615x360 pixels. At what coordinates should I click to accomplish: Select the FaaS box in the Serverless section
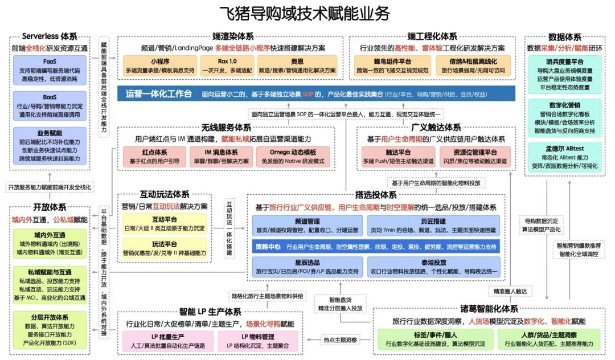(49, 68)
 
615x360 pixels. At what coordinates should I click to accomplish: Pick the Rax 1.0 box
(226, 66)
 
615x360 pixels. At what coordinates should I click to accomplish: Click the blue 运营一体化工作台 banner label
(158, 94)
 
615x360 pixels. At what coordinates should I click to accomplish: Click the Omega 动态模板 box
(293, 157)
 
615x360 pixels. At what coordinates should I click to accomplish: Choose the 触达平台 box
(398, 157)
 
